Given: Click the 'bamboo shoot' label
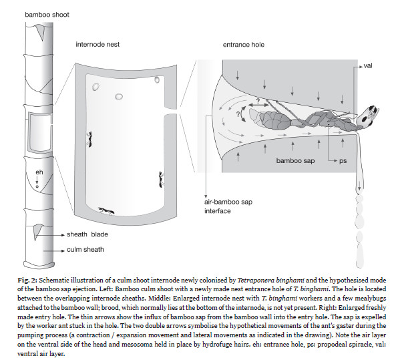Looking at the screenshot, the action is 47,15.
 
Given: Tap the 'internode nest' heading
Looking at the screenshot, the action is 97,45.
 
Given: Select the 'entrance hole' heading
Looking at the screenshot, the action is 244,45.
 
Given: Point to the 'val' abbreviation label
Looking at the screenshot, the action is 368,65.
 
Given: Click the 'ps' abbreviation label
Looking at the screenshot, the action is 343,161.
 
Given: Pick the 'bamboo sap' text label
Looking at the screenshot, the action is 295,161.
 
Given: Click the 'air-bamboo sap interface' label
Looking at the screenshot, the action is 228,206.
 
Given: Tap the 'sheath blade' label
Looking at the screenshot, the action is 87,234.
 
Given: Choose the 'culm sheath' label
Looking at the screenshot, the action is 85,250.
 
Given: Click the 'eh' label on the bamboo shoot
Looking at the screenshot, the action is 39,172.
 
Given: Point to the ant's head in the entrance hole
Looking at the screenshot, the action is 367,117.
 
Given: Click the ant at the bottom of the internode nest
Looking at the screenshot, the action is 106,210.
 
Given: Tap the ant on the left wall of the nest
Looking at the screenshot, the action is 89,139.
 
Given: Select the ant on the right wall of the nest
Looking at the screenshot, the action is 161,180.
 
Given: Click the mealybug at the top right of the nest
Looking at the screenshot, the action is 157,79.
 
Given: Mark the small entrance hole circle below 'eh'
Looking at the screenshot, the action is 37,186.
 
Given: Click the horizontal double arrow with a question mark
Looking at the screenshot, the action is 258,105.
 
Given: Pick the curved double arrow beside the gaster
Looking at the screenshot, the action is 242,114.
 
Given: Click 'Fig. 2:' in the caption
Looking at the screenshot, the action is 27,281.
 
